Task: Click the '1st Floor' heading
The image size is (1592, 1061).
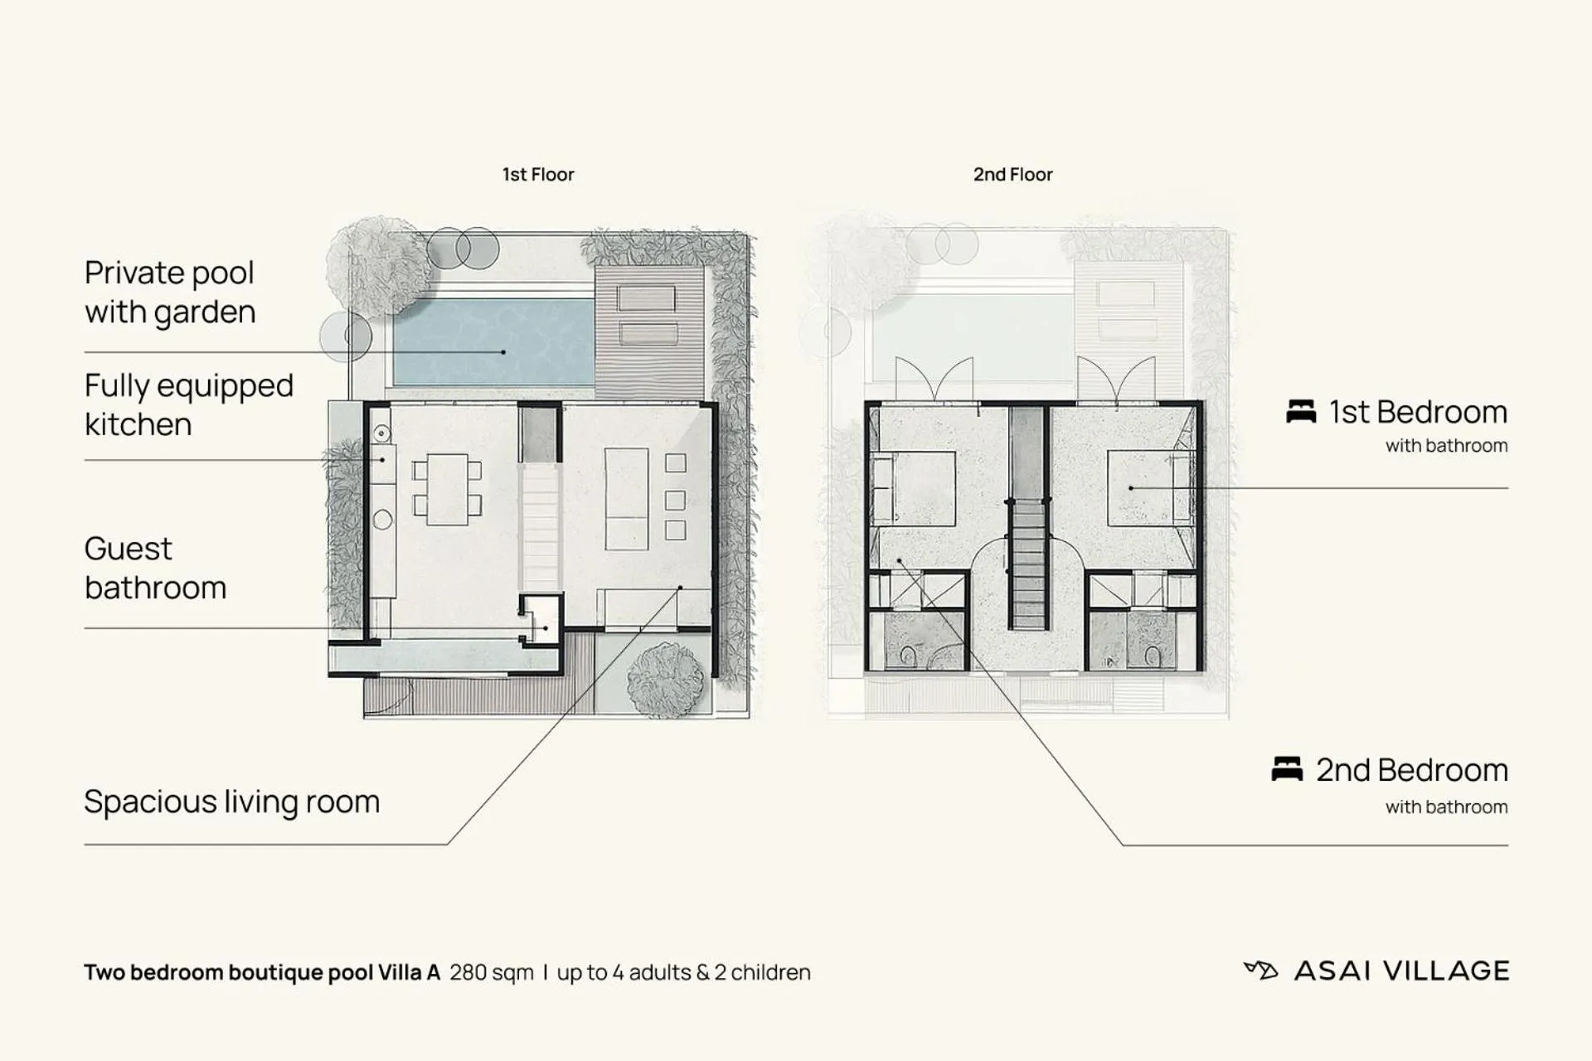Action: click(537, 175)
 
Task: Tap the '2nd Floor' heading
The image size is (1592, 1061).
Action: click(1012, 175)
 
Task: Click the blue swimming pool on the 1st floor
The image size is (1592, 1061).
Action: click(493, 342)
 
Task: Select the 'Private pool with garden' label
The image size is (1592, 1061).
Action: click(170, 293)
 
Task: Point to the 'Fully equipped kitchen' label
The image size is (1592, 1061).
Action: click(188, 405)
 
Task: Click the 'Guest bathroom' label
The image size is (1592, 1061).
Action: click(155, 568)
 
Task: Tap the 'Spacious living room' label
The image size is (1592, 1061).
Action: click(231, 802)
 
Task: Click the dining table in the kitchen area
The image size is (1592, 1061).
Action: click(448, 489)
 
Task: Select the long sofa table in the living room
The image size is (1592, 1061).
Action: click(627, 498)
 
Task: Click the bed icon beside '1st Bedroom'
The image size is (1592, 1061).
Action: click(1300, 411)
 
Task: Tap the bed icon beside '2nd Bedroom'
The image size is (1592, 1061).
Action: click(1286, 769)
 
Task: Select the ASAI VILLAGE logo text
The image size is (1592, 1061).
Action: click(1401, 971)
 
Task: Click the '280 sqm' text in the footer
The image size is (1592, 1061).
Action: click(491, 972)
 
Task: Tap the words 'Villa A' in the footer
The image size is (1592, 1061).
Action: click(409, 972)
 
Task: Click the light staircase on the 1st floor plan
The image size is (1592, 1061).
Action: click(541, 526)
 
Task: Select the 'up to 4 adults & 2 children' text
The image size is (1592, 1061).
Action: click(683, 972)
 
